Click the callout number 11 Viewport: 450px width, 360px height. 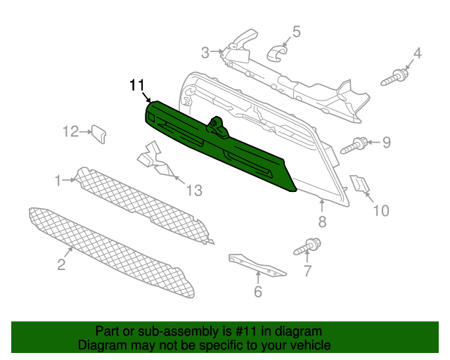click(x=137, y=85)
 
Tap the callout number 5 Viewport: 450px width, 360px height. click(x=296, y=32)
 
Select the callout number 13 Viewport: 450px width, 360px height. click(x=194, y=191)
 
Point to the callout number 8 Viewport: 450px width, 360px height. click(x=322, y=221)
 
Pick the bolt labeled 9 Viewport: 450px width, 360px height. click(x=354, y=146)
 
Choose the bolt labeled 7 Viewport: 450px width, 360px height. click(x=307, y=246)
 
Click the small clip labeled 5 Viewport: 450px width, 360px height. click(x=276, y=53)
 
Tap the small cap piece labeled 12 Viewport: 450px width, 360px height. click(x=98, y=134)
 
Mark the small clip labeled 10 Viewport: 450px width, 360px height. click(x=359, y=184)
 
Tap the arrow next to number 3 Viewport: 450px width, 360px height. click(x=217, y=51)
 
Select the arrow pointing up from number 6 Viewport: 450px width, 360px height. click(x=258, y=278)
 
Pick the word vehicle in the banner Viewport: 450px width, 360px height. click(x=312, y=345)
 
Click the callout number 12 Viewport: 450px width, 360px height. click(x=70, y=131)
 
